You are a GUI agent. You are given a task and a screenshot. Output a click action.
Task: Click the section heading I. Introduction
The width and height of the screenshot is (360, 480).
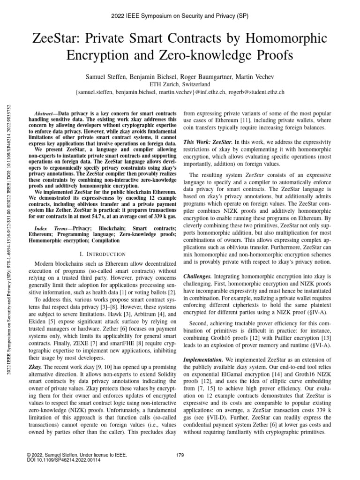pos(102,254)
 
